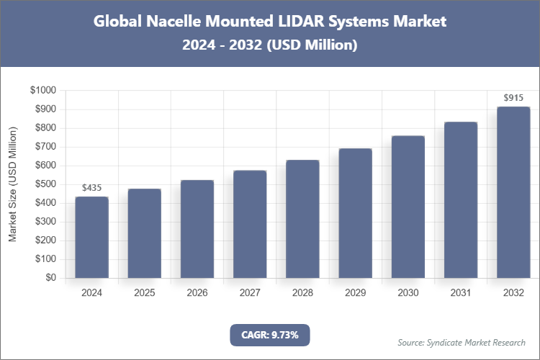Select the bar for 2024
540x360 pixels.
pyautogui.click(x=92, y=238)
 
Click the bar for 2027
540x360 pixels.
pyautogui.click(x=250, y=224)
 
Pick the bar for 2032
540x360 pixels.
pyautogui.click(x=513, y=192)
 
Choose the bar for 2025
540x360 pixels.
pyautogui.click(x=145, y=233)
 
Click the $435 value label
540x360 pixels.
pyautogui.click(x=92, y=188)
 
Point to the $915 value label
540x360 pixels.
pyautogui.click(x=513, y=98)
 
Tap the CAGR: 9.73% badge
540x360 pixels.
pyautogui.click(x=270, y=334)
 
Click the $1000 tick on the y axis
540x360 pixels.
pyautogui.click(x=44, y=91)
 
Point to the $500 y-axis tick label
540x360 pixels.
pyautogui.click(x=46, y=184)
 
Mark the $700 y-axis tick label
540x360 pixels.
pyautogui.click(x=46, y=147)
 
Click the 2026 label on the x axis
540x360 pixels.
pyautogui.click(x=197, y=293)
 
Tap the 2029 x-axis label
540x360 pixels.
pyautogui.click(x=355, y=293)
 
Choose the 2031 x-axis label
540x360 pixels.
pyautogui.click(x=461, y=293)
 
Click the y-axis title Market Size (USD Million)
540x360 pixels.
pyautogui.click(x=13, y=184)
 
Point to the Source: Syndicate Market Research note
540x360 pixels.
pyautogui.click(x=462, y=342)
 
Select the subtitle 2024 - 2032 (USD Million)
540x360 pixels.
pyautogui.click(x=270, y=45)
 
